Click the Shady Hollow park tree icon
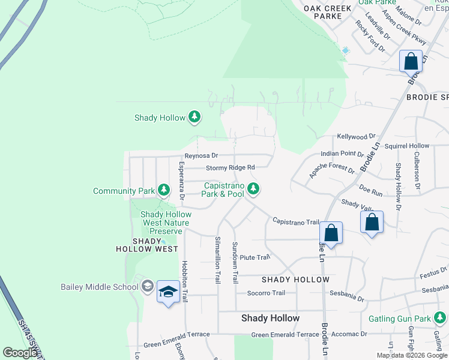pos(194,117)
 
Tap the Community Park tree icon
pos(163,191)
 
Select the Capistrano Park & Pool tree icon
pos(254,190)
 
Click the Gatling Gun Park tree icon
pos(441,317)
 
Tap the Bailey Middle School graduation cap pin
pos(168,292)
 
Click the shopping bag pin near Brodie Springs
pos(411,61)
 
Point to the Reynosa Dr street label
pos(200,156)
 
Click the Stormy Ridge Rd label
pos(231,168)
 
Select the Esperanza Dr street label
pos(181,180)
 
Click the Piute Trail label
pos(255,257)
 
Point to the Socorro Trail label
pos(266,293)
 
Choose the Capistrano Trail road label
pos(295,221)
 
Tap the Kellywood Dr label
pos(355,137)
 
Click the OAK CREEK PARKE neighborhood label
pos(322,13)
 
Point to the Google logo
pos(20,353)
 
